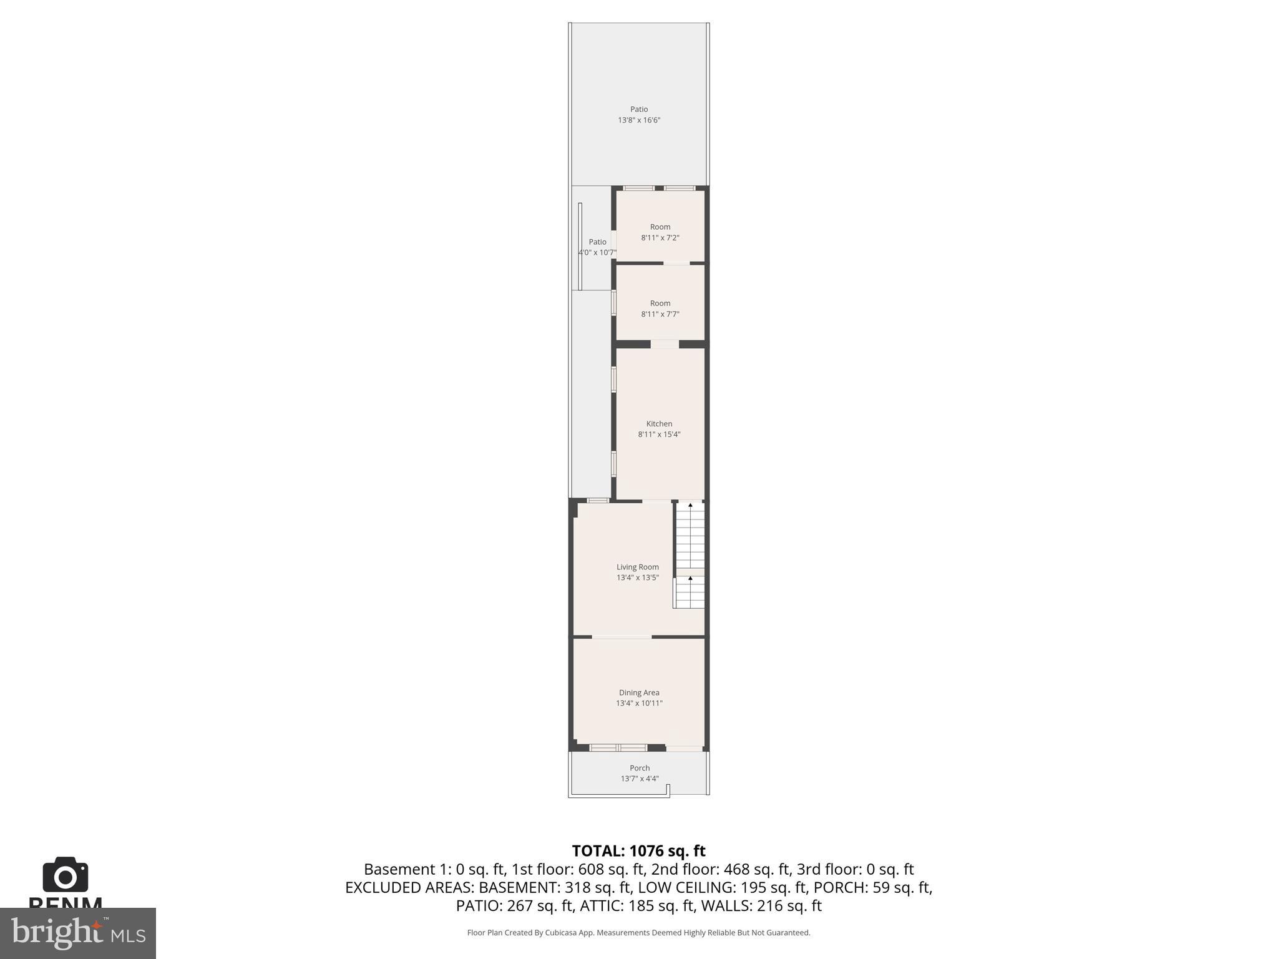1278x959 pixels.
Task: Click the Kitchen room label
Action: click(x=659, y=424)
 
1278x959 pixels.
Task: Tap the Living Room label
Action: click(x=637, y=567)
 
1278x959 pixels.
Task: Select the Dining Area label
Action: click(x=639, y=692)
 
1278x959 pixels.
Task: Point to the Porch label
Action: click(x=640, y=768)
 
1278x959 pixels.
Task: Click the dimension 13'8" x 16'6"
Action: click(x=639, y=120)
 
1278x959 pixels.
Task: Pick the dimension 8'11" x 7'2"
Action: click(x=660, y=238)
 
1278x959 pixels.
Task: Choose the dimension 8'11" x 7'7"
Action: click(x=660, y=314)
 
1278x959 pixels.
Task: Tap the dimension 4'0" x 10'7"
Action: click(x=597, y=253)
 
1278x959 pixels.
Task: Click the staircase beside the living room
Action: click(x=690, y=555)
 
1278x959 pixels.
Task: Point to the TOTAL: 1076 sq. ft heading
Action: click(x=638, y=851)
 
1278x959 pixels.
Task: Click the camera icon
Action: click(x=66, y=875)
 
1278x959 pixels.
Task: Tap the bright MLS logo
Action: click(x=78, y=933)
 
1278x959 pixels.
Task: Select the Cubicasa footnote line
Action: click(x=638, y=933)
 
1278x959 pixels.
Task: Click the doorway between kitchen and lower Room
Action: click(x=665, y=344)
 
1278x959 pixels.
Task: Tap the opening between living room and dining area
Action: click(x=622, y=637)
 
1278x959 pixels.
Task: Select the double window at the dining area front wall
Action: click(x=618, y=747)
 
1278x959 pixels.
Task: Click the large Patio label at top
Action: click(x=639, y=109)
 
